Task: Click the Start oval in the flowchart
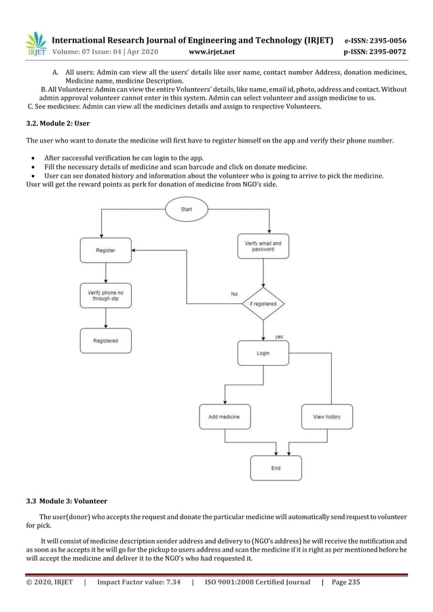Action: click(186, 210)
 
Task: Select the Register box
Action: click(105, 250)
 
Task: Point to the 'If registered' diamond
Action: click(263, 304)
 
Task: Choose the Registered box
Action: click(105, 341)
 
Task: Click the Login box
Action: click(263, 353)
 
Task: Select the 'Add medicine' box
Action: click(225, 417)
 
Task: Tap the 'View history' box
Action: click(327, 417)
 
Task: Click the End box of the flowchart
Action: click(276, 468)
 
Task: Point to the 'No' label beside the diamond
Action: click(234, 294)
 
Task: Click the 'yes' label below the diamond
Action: click(279, 337)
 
